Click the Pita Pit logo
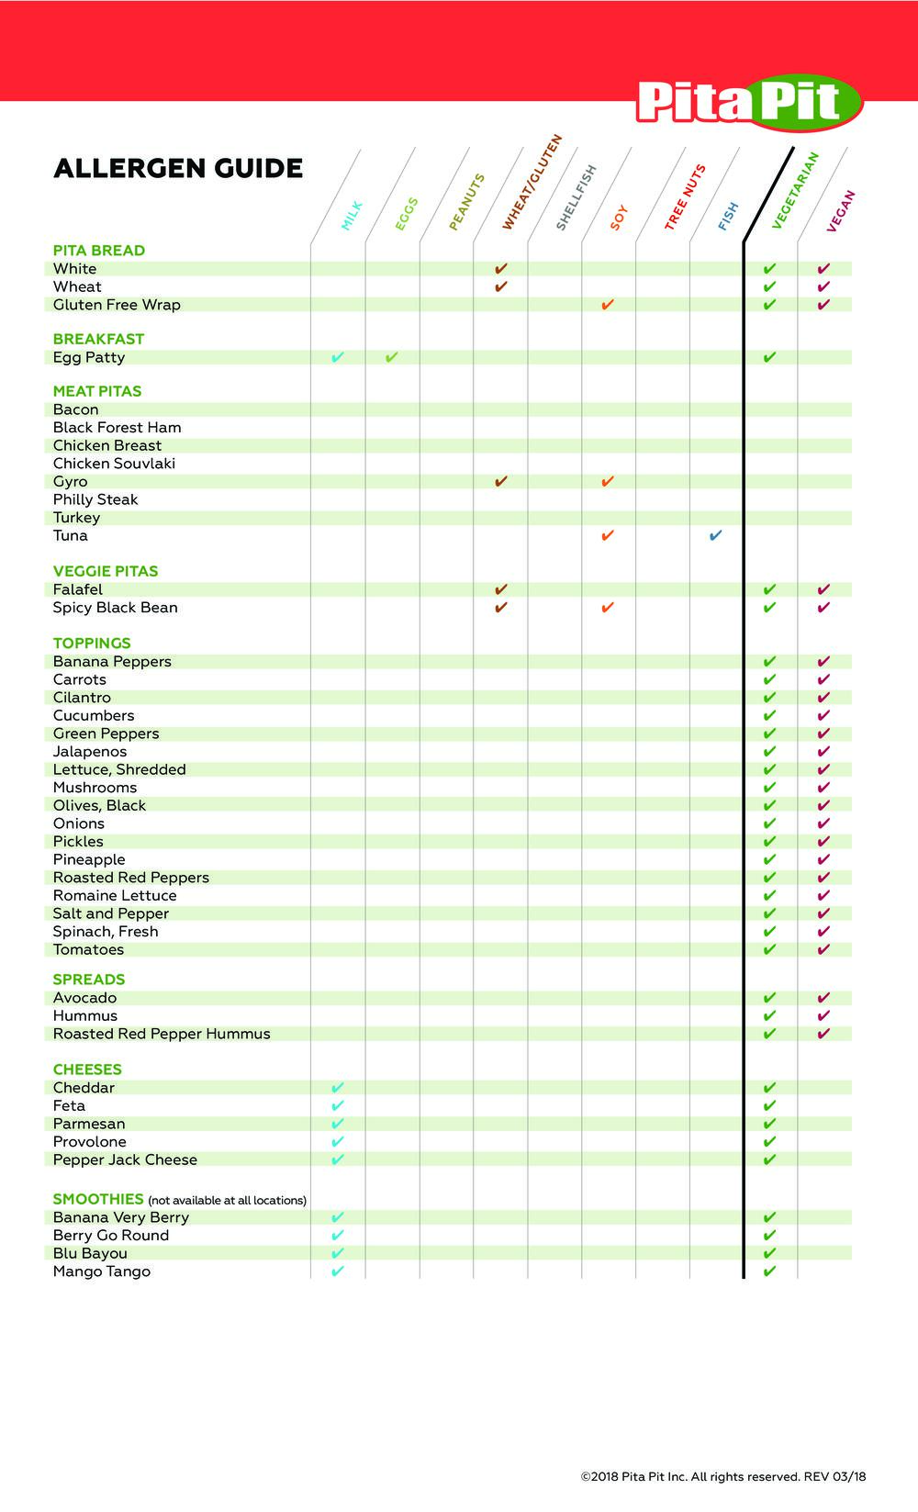click(x=749, y=102)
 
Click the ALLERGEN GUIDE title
click(x=178, y=169)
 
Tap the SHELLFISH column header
click(x=577, y=197)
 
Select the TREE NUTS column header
click(x=685, y=197)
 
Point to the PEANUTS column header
click(x=466, y=202)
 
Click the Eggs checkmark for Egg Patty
click(x=391, y=357)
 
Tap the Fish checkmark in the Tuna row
click(x=715, y=535)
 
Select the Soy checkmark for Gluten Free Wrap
click(x=607, y=305)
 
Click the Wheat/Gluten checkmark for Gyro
click(x=500, y=481)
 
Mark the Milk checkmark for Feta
click(x=337, y=1105)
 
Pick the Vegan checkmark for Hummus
click(x=823, y=1015)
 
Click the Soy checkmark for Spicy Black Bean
click(x=607, y=608)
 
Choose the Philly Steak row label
click(x=95, y=499)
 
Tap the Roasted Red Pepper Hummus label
click(x=162, y=1034)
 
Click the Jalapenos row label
click(x=90, y=752)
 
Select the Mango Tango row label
click(x=102, y=1271)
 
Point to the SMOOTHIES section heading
click(x=98, y=1199)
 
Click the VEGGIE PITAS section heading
click(x=106, y=571)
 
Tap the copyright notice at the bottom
click(x=722, y=1477)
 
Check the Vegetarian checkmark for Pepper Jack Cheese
click(x=769, y=1159)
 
